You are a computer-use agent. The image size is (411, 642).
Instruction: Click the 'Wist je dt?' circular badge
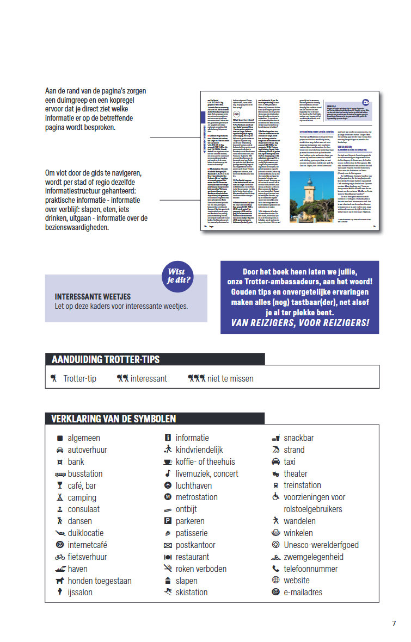pos(179,276)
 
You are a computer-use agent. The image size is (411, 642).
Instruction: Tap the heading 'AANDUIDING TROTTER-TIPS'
pos(105,359)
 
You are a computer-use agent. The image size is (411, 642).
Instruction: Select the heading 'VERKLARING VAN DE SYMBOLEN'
pos(113,419)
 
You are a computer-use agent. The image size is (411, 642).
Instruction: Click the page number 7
pos(394,624)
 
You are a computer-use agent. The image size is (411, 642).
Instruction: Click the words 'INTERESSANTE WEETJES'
pos(93,297)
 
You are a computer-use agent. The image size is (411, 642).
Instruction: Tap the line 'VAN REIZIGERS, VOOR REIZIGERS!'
pos(300,323)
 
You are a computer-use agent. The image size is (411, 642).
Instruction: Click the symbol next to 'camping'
pos(60,497)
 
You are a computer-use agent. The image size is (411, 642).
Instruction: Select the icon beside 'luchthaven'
pos(168,485)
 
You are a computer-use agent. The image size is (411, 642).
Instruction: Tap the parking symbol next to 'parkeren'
pos(168,521)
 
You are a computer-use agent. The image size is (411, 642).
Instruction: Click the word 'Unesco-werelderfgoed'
pos(321,545)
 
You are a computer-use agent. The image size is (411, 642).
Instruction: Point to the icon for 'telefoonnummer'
pos(275,569)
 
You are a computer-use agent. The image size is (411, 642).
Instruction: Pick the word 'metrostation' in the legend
pos(197,497)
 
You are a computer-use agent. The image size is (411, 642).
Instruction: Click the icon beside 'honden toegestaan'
pos(60,581)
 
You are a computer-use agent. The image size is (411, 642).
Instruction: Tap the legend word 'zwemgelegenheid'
pos(314,557)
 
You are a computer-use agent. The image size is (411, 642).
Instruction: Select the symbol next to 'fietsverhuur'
pos(60,557)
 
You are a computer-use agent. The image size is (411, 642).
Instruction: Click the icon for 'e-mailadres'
pos(275,593)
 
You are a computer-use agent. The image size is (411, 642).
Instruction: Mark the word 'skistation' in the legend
pos(192,593)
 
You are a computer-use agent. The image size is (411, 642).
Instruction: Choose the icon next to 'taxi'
pos(275,462)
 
